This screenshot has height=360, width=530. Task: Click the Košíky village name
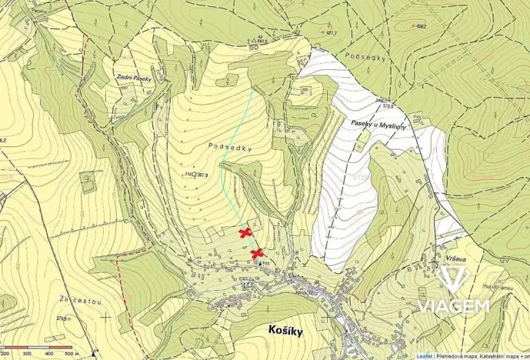pos(286,330)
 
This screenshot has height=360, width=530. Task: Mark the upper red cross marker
pos(245,232)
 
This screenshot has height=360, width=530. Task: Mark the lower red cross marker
pos(258,253)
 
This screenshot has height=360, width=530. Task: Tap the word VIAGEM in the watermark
pos(454,306)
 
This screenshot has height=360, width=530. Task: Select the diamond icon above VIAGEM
pos(453,281)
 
